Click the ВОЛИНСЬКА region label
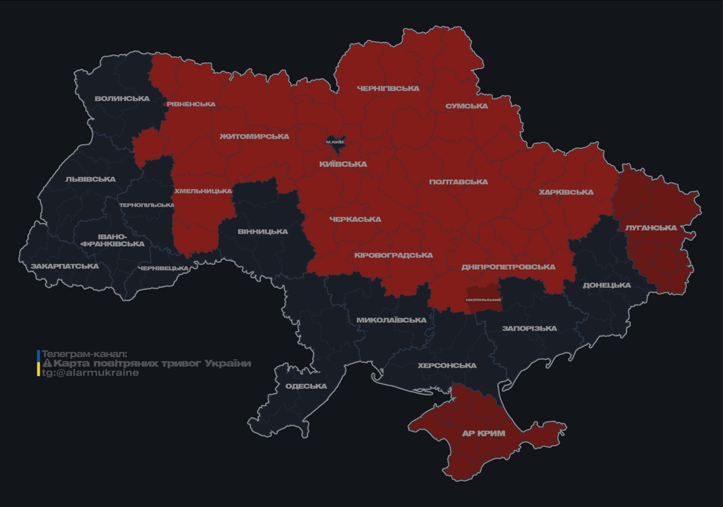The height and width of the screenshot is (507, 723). click(x=122, y=98)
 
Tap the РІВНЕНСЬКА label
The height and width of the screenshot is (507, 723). click(x=190, y=104)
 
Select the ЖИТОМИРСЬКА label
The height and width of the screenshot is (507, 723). click(x=254, y=137)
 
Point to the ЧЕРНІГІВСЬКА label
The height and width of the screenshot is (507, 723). click(x=388, y=88)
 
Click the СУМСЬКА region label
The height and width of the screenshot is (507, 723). click(x=467, y=106)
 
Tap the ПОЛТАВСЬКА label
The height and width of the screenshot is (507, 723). click(x=458, y=182)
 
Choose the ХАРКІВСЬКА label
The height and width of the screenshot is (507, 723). click(x=566, y=192)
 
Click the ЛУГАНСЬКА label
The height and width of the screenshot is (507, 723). click(x=651, y=228)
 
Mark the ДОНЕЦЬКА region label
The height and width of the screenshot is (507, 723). click(x=606, y=285)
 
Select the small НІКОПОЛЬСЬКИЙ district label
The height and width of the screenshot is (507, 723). click(x=483, y=300)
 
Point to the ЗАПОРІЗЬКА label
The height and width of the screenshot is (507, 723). click(x=529, y=328)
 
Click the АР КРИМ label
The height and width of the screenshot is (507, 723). click(x=483, y=434)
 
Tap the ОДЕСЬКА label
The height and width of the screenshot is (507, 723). click(x=306, y=386)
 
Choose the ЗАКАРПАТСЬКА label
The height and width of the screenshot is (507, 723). click(x=65, y=266)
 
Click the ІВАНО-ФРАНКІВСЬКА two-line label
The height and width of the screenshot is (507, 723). click(x=112, y=240)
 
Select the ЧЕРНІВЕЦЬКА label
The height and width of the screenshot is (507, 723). click(x=163, y=268)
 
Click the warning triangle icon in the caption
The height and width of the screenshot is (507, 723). click(x=47, y=363)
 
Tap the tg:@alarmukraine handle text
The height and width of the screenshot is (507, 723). click(x=91, y=372)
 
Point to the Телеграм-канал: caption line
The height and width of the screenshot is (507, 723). click(x=84, y=354)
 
